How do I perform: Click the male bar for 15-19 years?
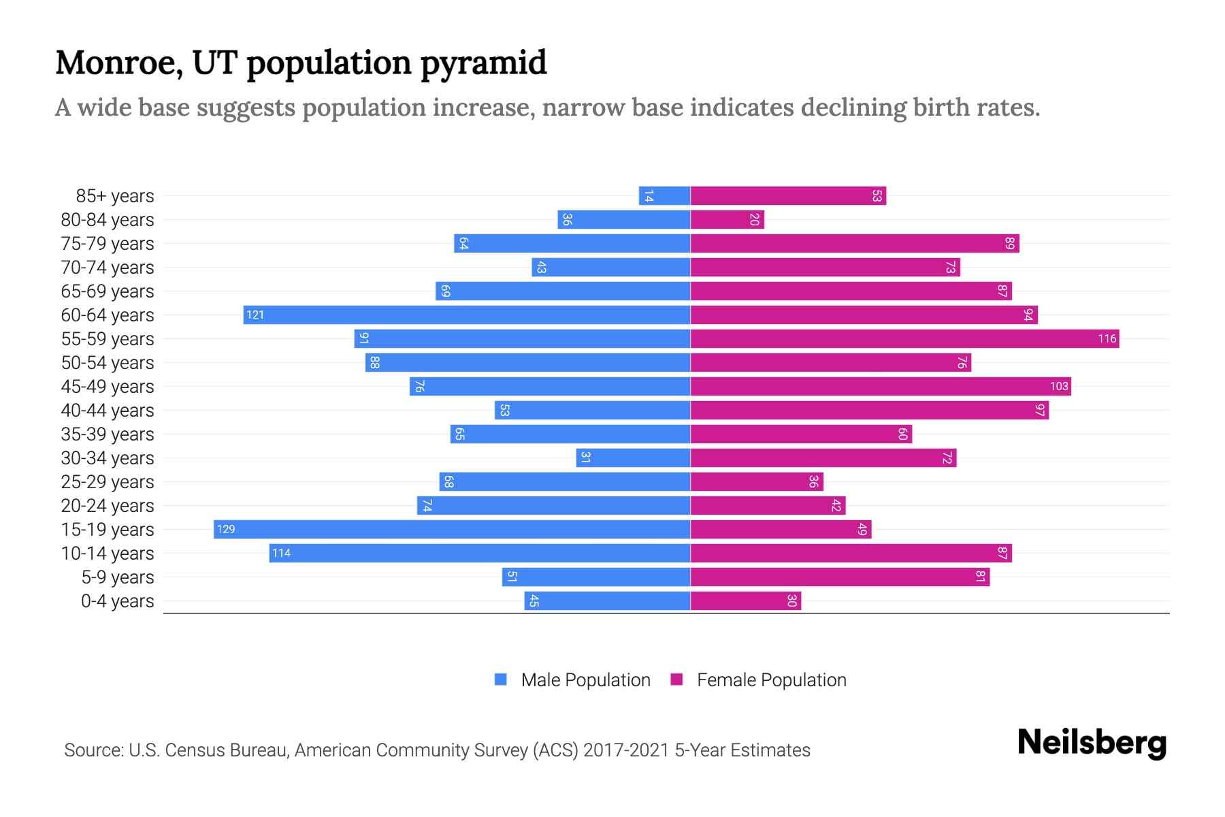pyautogui.click(x=452, y=530)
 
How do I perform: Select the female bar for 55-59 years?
pyautogui.click(x=904, y=339)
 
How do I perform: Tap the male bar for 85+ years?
pyautogui.click(x=665, y=196)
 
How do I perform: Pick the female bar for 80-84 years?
pyautogui.click(x=727, y=220)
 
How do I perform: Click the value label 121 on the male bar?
pyautogui.click(x=255, y=315)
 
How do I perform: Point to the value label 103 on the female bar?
pyautogui.click(x=1059, y=387)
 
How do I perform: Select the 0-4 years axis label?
pyautogui.click(x=117, y=601)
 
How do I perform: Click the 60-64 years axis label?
pyautogui.click(x=108, y=315)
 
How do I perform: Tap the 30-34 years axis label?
pyautogui.click(x=108, y=458)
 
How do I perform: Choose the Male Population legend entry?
pyautogui.click(x=585, y=680)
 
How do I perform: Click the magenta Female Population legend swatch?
pyautogui.click(x=676, y=679)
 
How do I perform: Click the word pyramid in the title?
pyautogui.click(x=483, y=63)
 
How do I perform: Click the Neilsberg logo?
pyautogui.click(x=1092, y=743)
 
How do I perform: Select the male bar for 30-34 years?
pyautogui.click(x=633, y=458)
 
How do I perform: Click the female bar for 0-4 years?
pyautogui.click(x=746, y=601)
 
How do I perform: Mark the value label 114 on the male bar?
pyautogui.click(x=281, y=554)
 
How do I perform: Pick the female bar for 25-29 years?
pyautogui.click(x=757, y=482)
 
